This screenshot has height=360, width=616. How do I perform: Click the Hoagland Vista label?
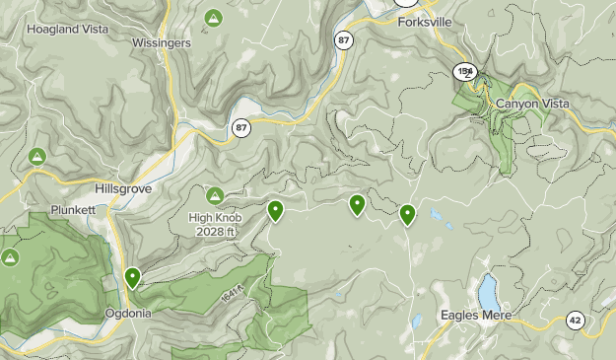[x=66, y=30]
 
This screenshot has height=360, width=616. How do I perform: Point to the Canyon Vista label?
[x=536, y=103]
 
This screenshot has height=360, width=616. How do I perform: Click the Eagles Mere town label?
[x=477, y=316]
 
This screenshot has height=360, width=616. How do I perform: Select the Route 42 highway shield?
[x=576, y=320]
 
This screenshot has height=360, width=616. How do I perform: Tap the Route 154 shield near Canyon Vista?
[x=466, y=71]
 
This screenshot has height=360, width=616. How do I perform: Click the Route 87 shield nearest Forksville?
[x=342, y=39]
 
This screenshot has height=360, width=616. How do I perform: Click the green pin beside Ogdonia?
[x=133, y=278]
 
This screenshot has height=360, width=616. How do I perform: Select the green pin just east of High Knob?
[x=276, y=210]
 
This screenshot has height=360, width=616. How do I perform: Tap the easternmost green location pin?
[x=407, y=213]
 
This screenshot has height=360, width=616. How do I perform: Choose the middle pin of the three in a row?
[x=357, y=204]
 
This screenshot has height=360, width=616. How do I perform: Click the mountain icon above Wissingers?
[x=213, y=19]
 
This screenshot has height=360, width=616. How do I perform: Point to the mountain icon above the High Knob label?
[x=214, y=194]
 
